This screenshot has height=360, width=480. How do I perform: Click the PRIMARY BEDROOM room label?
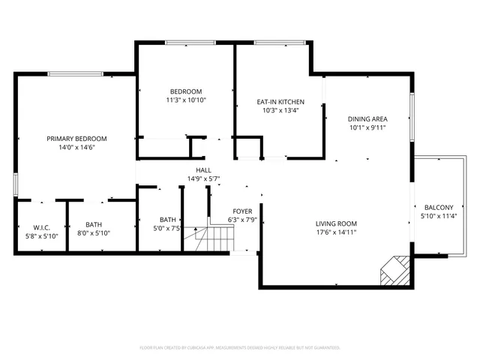pos(76,139)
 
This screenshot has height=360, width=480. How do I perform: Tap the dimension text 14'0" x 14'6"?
pos(76,148)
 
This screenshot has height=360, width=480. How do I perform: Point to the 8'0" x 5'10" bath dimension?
pos(94,233)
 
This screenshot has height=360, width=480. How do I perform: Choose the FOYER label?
pos(242,211)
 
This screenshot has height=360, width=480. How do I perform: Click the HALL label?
pos(202,170)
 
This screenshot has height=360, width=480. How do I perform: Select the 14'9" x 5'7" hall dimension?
pos(202,179)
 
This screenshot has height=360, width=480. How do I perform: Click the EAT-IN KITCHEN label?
pos(280,102)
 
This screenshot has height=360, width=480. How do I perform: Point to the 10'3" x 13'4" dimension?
pos(280,111)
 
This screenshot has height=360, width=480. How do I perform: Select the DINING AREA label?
pos(367,118)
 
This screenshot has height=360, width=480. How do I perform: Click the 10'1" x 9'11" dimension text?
pos(367,127)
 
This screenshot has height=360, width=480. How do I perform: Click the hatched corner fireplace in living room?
pos(394,271)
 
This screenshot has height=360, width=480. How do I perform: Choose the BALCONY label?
pos(439,208)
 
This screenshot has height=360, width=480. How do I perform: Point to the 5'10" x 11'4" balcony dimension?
pos(439,217)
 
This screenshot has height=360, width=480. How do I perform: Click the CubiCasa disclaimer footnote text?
pos(240,348)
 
